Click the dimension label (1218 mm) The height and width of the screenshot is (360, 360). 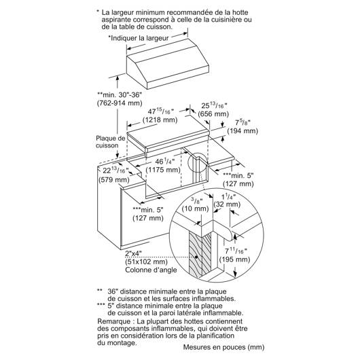coord(160,120)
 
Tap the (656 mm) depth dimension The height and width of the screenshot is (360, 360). coord(213,114)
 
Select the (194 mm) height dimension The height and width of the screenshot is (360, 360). coord(242,131)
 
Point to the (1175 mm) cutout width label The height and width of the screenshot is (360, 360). coord(163,170)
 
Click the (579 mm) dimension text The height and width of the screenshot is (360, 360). coord(114,179)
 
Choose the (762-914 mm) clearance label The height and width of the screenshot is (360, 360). coord(120,103)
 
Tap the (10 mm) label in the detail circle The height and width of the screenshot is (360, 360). coord(195,209)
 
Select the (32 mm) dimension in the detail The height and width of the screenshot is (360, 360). coord(227,204)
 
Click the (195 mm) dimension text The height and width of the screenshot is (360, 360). coord(234,259)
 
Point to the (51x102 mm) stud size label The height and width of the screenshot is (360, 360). coord(146,262)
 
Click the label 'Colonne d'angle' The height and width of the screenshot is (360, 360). coord(151,270)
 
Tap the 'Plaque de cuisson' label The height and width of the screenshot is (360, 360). coord(111,142)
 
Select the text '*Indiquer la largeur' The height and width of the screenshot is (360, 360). coord(139,38)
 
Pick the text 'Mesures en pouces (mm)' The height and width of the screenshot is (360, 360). coord(223,347)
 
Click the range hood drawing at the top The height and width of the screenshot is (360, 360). coord(168,64)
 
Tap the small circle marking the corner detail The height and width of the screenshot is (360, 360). coord(198,162)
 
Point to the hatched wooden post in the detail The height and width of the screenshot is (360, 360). coord(200,255)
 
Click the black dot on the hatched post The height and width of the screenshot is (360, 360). coord(196,257)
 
